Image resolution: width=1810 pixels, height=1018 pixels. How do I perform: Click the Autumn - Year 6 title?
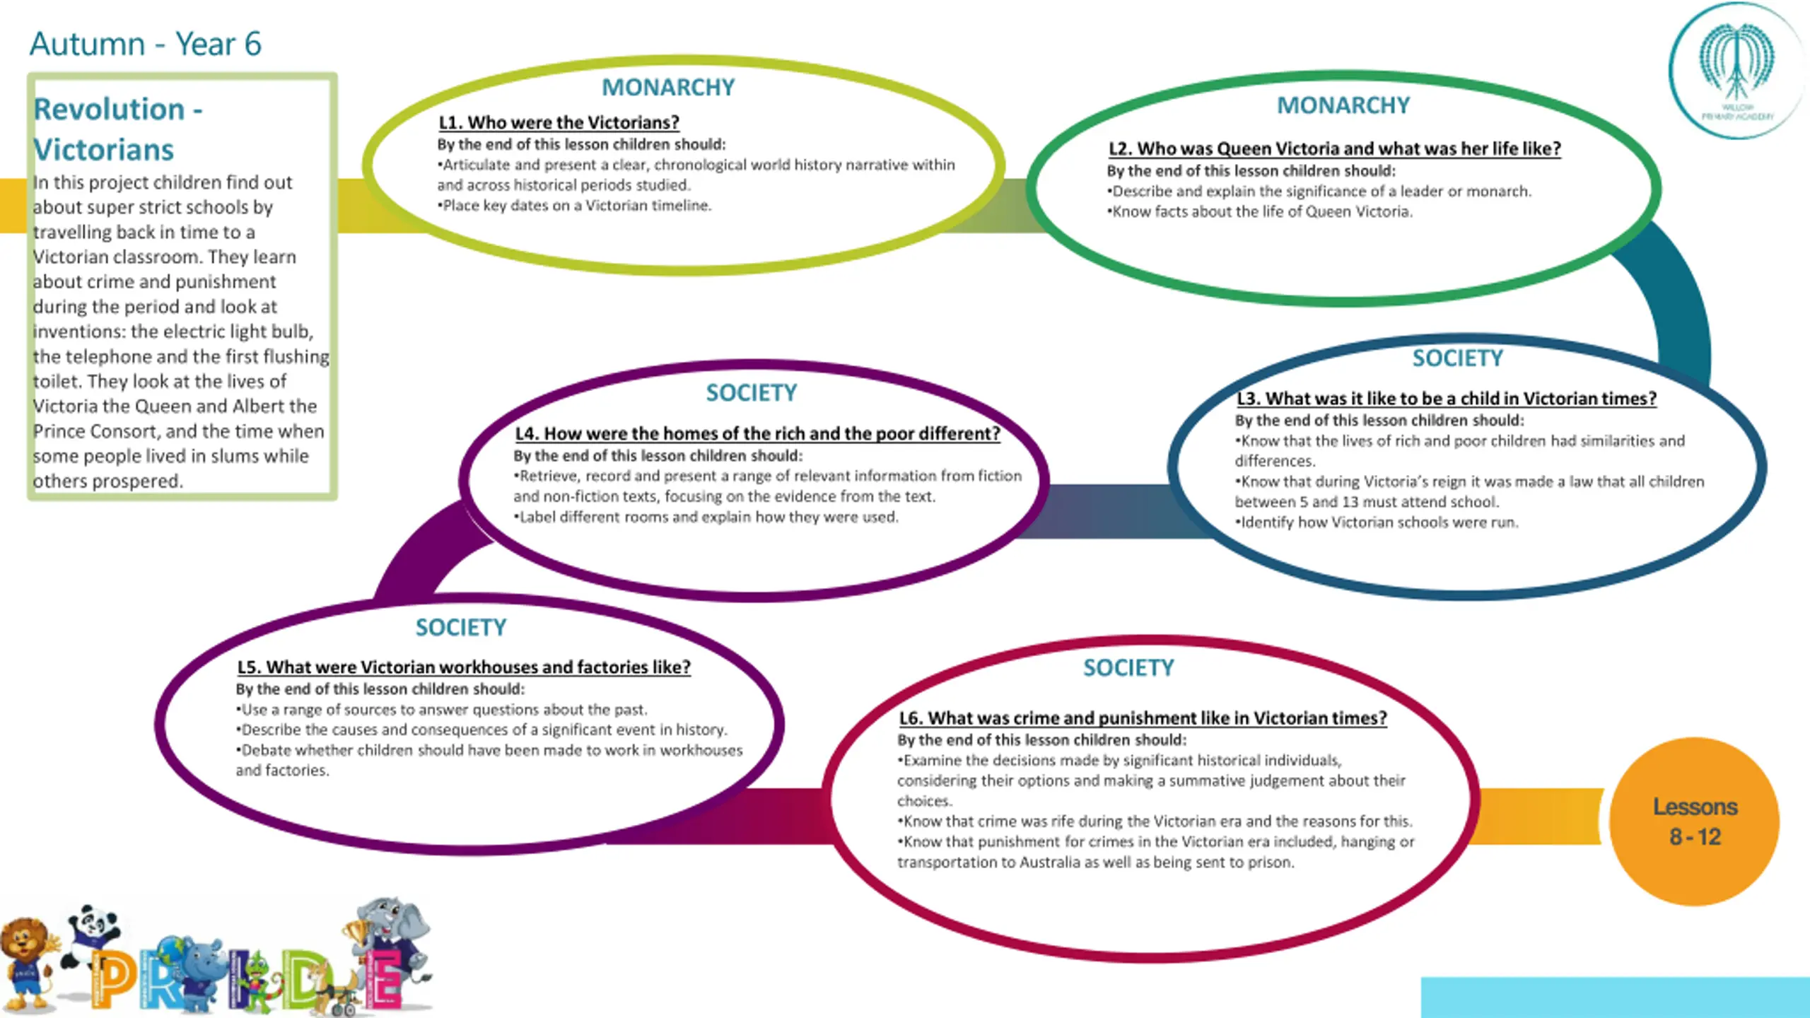pyautogui.click(x=145, y=44)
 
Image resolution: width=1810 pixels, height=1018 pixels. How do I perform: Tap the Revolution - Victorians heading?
pyautogui.click(x=117, y=129)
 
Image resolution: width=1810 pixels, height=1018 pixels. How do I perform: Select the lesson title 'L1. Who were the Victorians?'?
pyautogui.click(x=559, y=122)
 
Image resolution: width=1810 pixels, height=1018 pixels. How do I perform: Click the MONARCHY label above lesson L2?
pyautogui.click(x=1343, y=105)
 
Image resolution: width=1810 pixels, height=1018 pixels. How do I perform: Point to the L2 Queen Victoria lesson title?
pyautogui.click(x=1334, y=148)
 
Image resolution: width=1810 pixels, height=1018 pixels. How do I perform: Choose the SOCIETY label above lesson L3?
pyautogui.click(x=1457, y=358)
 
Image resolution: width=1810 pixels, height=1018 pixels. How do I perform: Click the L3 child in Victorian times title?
pyautogui.click(x=1446, y=399)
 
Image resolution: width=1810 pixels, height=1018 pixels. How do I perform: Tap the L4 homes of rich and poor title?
pyautogui.click(x=757, y=433)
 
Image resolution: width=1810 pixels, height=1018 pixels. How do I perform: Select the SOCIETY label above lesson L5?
pyautogui.click(x=460, y=628)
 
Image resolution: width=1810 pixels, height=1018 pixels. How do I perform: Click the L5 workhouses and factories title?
pyautogui.click(x=464, y=667)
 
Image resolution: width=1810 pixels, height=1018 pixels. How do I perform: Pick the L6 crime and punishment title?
pyautogui.click(x=1143, y=718)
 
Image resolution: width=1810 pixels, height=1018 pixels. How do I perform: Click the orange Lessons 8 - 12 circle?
pyautogui.click(x=1694, y=821)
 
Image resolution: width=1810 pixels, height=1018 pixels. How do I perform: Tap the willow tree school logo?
pyautogui.click(x=1736, y=71)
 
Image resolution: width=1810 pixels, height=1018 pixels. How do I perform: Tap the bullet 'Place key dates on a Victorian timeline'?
pyautogui.click(x=576, y=206)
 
